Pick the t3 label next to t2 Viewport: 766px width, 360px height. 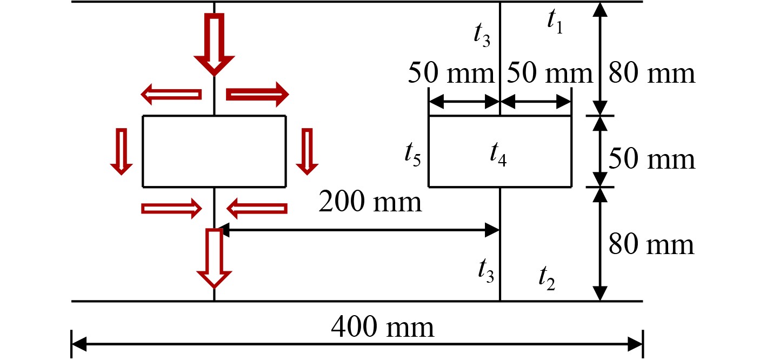485,269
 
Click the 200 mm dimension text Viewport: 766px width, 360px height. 370,203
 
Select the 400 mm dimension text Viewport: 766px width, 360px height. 382,327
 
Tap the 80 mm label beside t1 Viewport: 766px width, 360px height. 651,72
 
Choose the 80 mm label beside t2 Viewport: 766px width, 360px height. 651,245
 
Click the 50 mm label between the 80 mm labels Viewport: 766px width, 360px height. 651,159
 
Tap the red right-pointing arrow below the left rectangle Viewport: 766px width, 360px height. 171,208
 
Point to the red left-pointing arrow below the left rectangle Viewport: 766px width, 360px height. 256,208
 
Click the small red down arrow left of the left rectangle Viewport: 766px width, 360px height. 122,151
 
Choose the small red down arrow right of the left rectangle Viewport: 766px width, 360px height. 308,151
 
